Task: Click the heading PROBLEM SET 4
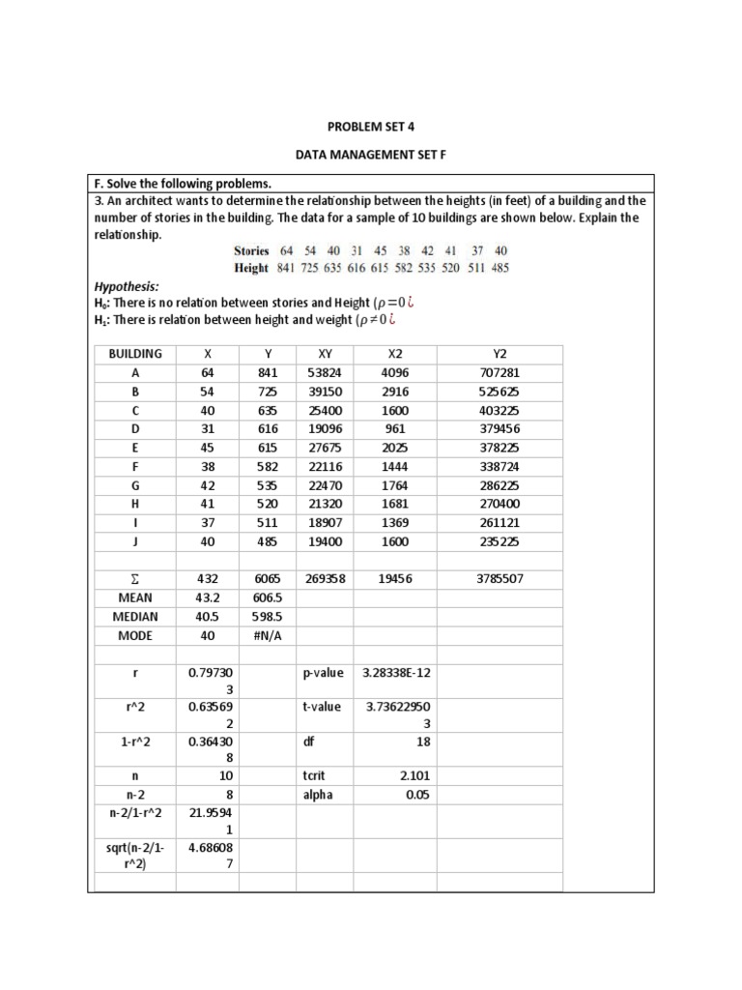371,126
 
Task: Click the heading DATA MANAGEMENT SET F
371,155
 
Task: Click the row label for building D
135,429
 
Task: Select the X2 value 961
396,429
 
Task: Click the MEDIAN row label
135,617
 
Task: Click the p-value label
323,673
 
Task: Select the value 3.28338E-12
396,673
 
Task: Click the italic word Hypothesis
126,287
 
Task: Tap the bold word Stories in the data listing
251,251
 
